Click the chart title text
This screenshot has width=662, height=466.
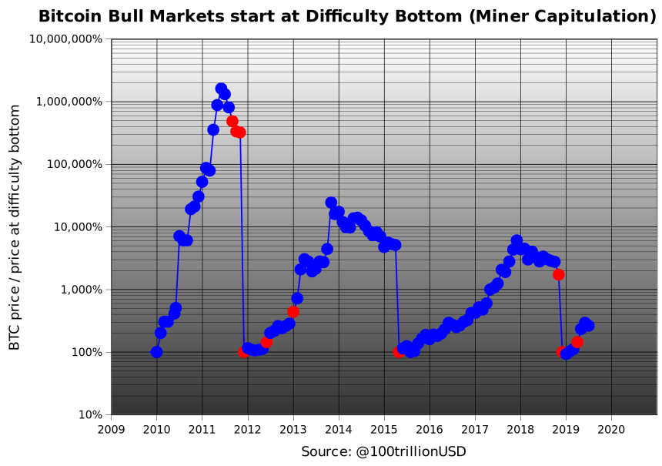(x=347, y=16)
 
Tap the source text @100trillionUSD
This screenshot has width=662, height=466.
(x=383, y=451)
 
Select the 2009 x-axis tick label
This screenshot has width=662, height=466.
(x=112, y=428)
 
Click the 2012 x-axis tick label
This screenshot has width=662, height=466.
(x=248, y=428)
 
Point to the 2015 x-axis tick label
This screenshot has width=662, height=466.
(x=384, y=428)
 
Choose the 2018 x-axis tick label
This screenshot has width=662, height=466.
(x=520, y=428)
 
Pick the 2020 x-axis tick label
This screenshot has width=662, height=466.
(x=611, y=428)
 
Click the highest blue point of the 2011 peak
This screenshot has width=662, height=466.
(x=221, y=89)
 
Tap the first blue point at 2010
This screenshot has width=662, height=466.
(x=156, y=352)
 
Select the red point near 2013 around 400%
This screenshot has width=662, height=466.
(x=293, y=312)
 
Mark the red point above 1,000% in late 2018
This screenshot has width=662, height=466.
(x=559, y=274)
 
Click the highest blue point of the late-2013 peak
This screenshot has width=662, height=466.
(x=331, y=203)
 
